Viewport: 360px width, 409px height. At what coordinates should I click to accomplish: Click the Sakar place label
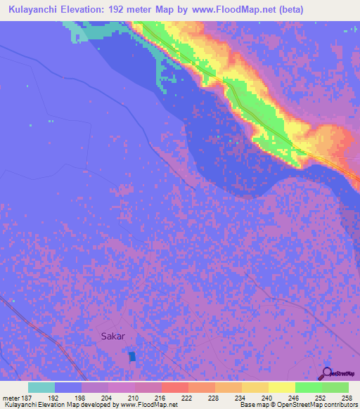(112, 336)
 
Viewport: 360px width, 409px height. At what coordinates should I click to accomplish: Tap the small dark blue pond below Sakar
(132, 357)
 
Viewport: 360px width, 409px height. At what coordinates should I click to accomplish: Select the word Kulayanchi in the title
(30, 10)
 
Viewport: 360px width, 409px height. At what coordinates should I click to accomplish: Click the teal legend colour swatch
(41, 387)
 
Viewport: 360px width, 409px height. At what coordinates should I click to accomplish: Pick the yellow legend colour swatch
(281, 387)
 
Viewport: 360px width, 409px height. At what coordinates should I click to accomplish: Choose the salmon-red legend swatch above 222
(174, 387)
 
